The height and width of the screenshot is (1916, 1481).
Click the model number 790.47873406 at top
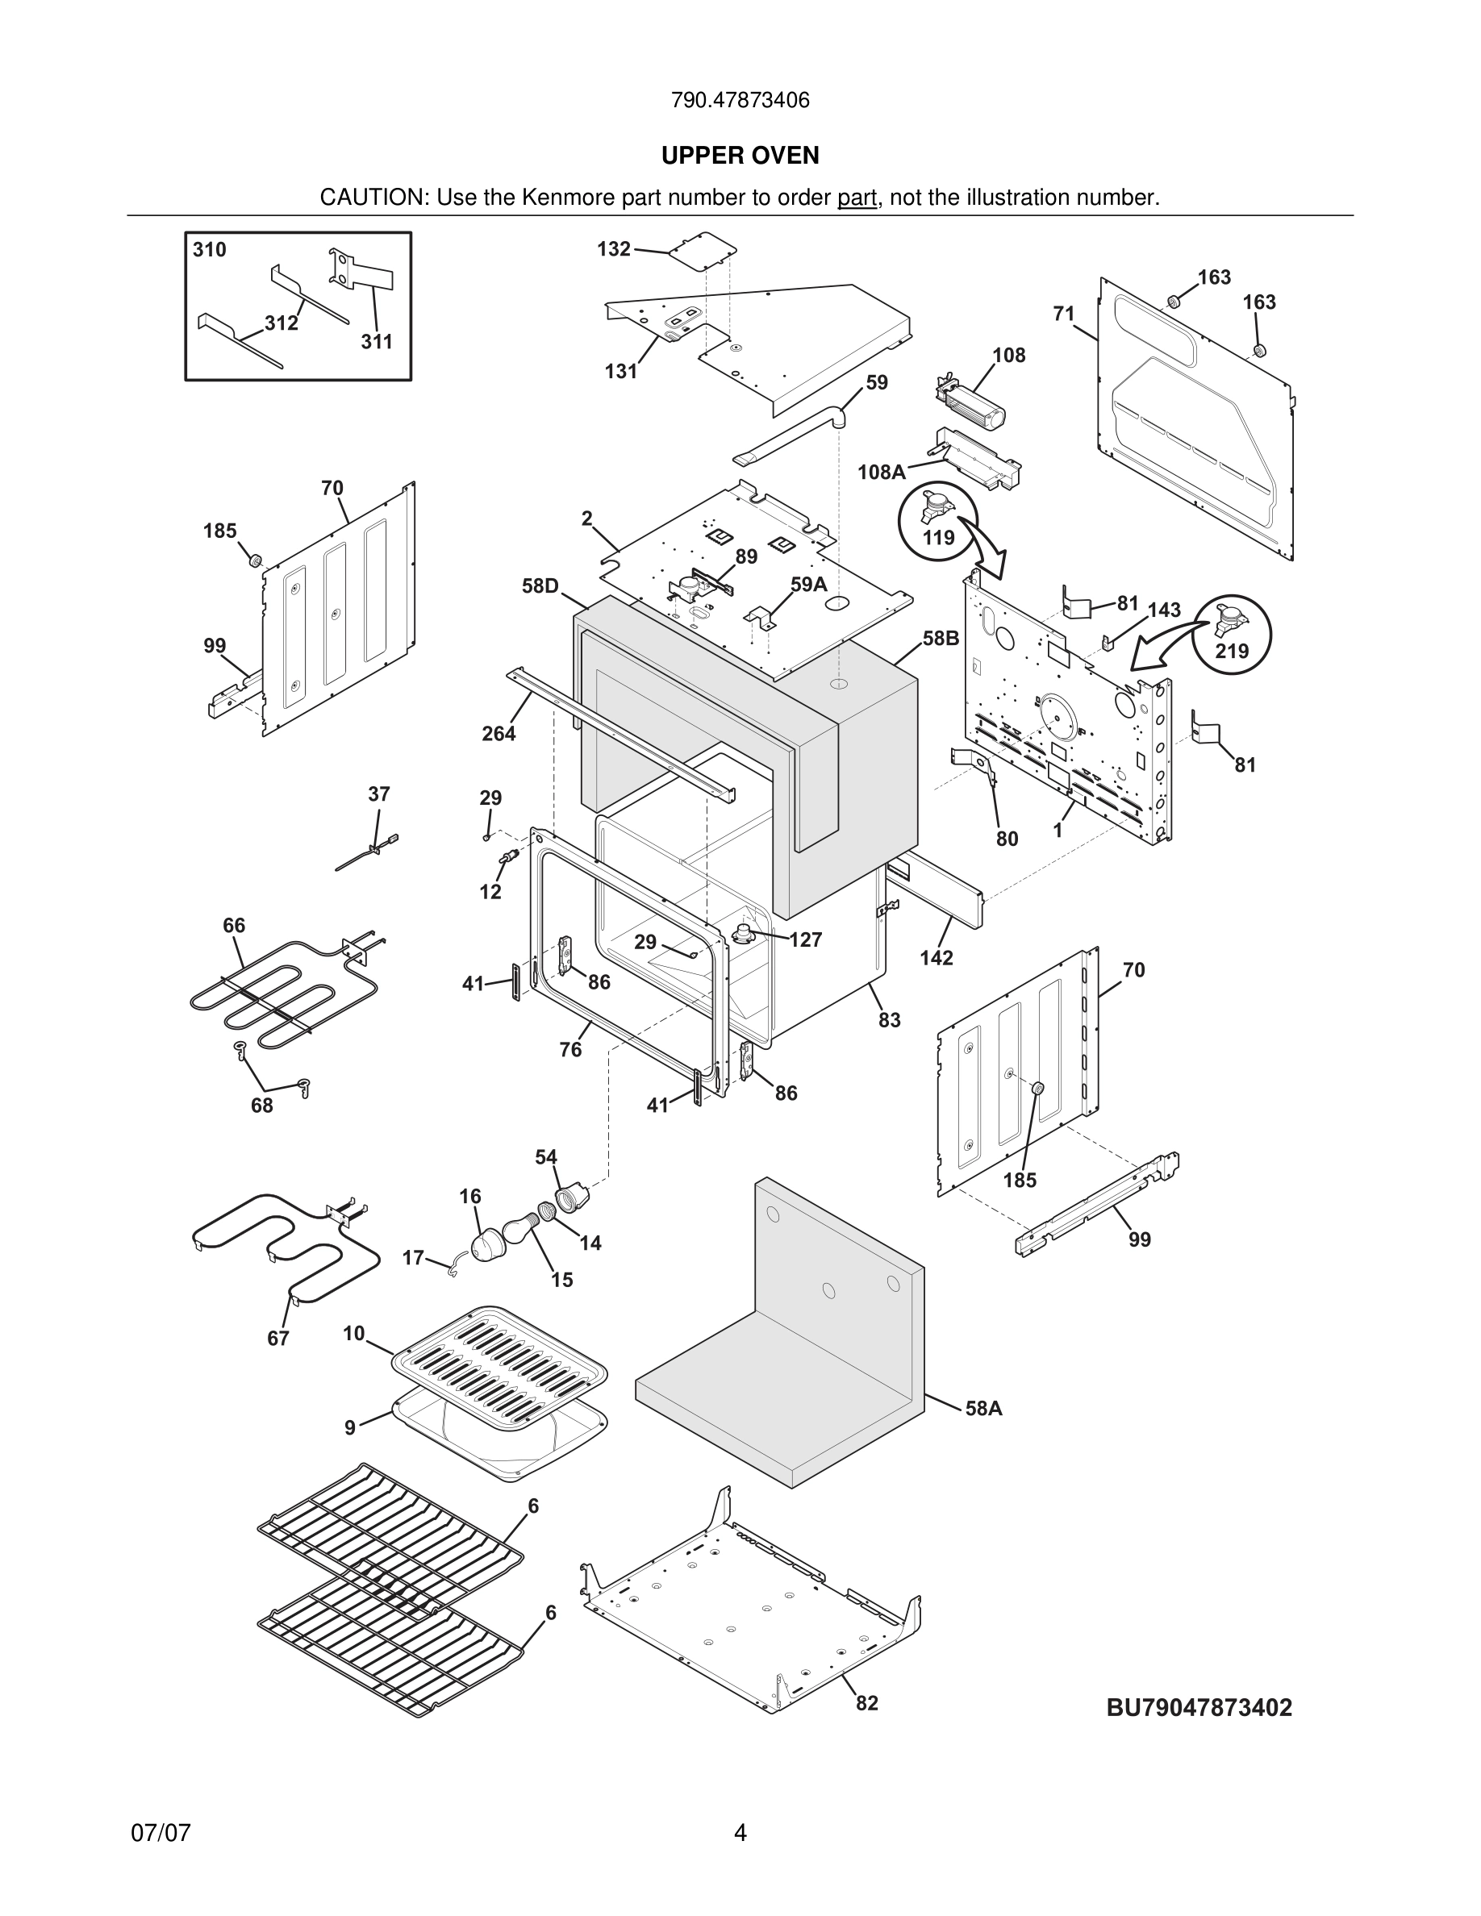click(x=740, y=100)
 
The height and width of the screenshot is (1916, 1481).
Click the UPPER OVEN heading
click(x=740, y=156)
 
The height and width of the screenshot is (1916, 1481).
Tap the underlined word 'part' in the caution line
click(x=857, y=198)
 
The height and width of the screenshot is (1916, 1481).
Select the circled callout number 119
click(x=938, y=537)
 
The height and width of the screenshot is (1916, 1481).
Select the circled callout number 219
click(x=1232, y=651)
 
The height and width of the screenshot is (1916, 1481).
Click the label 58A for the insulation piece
click(x=983, y=1408)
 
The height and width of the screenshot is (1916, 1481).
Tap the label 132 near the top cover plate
click(x=613, y=249)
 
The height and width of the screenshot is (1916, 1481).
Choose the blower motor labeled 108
click(x=971, y=406)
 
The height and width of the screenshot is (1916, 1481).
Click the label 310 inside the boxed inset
click(x=210, y=250)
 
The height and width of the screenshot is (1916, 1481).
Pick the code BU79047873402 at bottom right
click(x=1199, y=1707)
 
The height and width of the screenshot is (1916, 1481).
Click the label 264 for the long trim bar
click(x=499, y=733)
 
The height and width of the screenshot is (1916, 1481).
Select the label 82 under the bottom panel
click(x=867, y=1703)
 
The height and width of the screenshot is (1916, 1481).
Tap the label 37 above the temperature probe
click(x=378, y=794)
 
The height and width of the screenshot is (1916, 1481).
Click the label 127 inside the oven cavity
click(x=804, y=939)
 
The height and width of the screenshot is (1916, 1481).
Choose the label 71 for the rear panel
click(x=1063, y=313)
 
